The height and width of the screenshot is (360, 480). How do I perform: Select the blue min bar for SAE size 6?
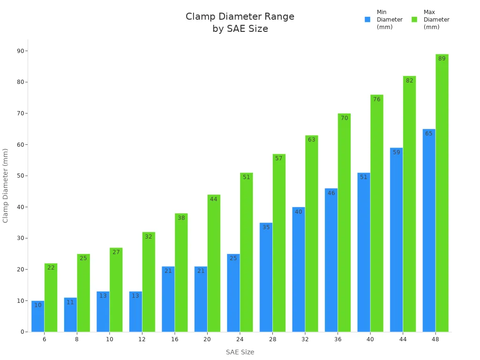click(x=38, y=319)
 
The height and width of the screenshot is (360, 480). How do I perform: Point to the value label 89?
click(x=442, y=59)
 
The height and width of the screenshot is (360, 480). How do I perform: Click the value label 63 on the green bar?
click(x=311, y=140)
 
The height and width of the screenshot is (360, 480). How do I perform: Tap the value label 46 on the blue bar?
click(x=331, y=193)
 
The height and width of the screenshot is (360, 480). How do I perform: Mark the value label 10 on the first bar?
click(x=38, y=305)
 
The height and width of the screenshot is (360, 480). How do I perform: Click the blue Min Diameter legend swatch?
click(x=367, y=20)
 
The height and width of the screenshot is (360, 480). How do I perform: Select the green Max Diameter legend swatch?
click(x=414, y=20)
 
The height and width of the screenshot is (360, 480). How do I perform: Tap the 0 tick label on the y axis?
click(x=22, y=332)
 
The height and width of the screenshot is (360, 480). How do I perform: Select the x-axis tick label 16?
click(x=174, y=339)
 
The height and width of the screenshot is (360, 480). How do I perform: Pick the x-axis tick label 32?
click(x=305, y=339)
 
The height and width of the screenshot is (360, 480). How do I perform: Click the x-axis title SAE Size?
click(x=240, y=352)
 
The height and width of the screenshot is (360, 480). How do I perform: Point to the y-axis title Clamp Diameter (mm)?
click(x=6, y=186)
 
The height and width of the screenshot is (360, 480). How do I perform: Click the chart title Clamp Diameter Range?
click(x=240, y=17)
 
